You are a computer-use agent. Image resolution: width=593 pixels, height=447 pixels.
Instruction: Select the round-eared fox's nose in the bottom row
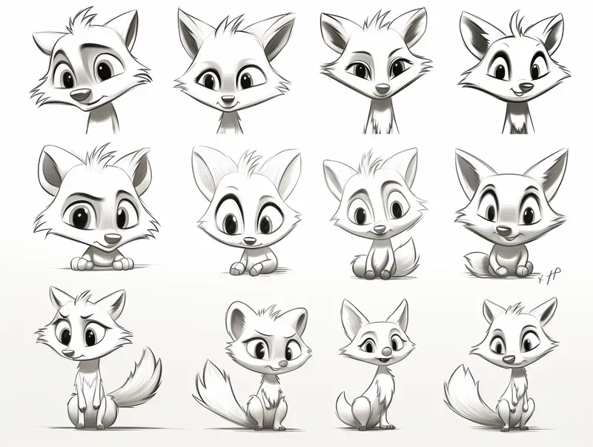click(x=276, y=364)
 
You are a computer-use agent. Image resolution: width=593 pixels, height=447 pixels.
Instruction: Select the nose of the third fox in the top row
click(x=382, y=89)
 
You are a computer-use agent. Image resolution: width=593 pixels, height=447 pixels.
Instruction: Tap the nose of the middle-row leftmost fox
click(x=111, y=239)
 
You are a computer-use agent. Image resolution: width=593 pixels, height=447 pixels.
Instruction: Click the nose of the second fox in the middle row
click(x=250, y=240)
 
